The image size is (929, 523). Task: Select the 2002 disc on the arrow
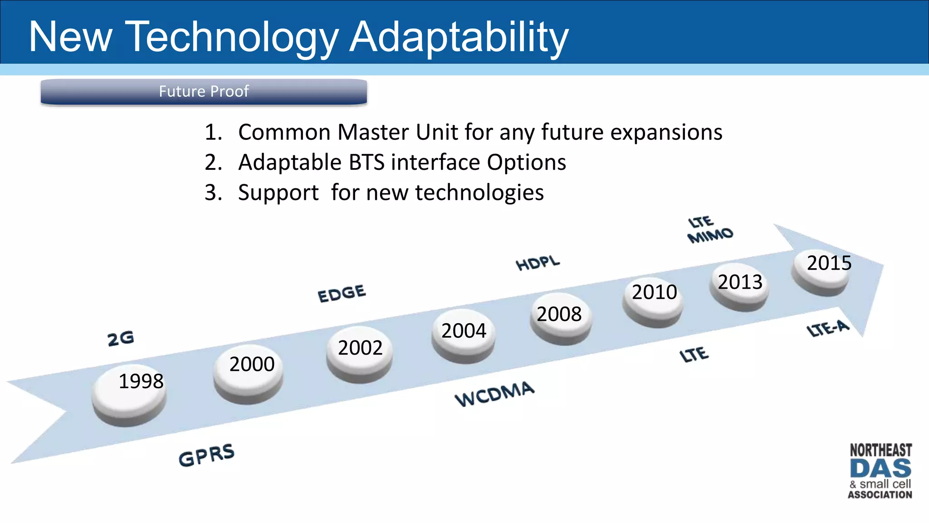(360, 353)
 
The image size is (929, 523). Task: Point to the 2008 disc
(561, 318)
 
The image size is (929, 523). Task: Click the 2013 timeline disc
(739, 286)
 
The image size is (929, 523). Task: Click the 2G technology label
(121, 338)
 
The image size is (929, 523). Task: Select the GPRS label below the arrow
(206, 455)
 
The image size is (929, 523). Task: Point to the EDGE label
(342, 293)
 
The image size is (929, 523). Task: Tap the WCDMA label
(494, 394)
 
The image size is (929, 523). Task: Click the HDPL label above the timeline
(538, 263)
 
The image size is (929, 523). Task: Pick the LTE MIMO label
(709, 229)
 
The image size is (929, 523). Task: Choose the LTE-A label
(828, 328)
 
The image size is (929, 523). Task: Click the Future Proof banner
(204, 92)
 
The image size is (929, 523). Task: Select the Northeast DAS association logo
(880, 471)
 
